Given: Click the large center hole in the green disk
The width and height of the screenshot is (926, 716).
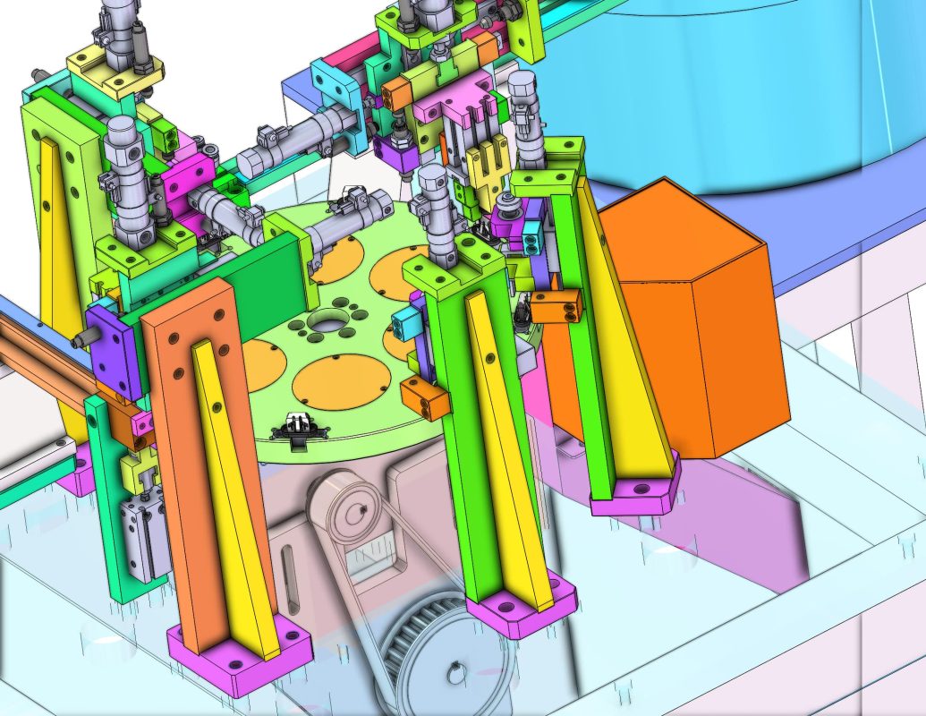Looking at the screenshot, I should (x=330, y=321).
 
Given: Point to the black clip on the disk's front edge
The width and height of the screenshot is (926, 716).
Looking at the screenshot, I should (x=295, y=427).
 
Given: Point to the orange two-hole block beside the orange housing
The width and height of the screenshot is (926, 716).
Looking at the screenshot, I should (x=555, y=306).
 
